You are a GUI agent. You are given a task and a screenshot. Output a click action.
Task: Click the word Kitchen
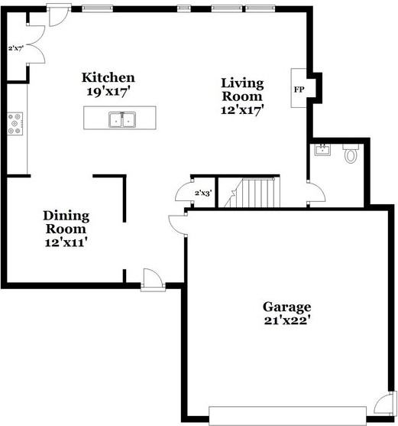click(x=108, y=77)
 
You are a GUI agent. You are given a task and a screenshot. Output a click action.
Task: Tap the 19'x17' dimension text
click(x=108, y=90)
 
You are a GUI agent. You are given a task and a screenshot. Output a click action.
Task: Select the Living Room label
click(x=242, y=89)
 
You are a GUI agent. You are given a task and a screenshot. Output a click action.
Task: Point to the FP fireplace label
click(x=299, y=89)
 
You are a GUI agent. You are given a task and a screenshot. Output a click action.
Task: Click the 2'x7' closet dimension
click(x=16, y=48)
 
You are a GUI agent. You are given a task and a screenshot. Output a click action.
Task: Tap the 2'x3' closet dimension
click(x=203, y=193)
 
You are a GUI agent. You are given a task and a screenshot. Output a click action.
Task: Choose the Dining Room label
click(x=65, y=222)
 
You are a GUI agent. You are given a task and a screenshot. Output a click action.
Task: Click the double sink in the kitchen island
click(x=121, y=119)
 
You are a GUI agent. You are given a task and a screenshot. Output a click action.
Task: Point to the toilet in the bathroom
click(x=351, y=154)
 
